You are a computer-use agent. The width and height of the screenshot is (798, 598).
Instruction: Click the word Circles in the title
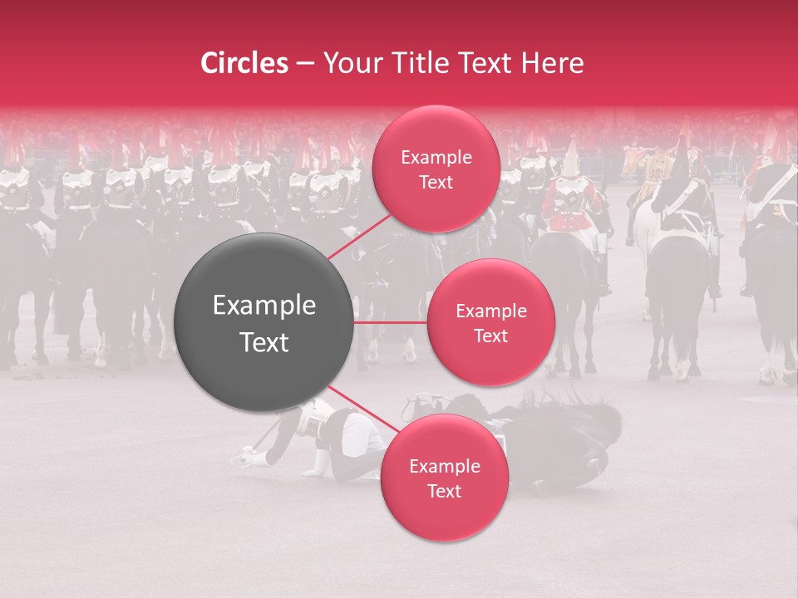tap(244, 63)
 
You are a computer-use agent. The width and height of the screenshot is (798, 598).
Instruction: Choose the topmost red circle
tap(436, 169)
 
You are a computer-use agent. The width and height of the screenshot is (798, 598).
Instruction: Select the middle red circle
tap(490, 322)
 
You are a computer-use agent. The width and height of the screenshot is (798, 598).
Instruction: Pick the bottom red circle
tap(444, 478)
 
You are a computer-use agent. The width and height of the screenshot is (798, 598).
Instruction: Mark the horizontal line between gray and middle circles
tap(391, 322)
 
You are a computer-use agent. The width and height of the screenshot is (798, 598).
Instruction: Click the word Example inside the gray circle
tap(264, 306)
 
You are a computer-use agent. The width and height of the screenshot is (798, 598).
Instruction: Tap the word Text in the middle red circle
tap(490, 336)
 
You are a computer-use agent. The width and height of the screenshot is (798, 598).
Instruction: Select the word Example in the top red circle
tap(436, 158)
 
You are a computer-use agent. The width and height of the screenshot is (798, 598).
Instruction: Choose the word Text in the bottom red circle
tap(444, 491)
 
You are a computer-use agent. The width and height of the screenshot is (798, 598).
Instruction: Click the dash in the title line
tap(304, 64)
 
